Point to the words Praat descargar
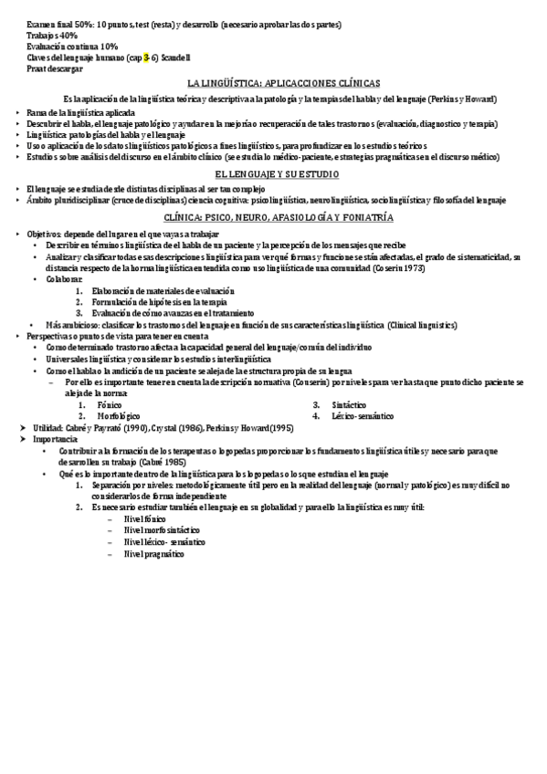[x=55, y=68]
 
